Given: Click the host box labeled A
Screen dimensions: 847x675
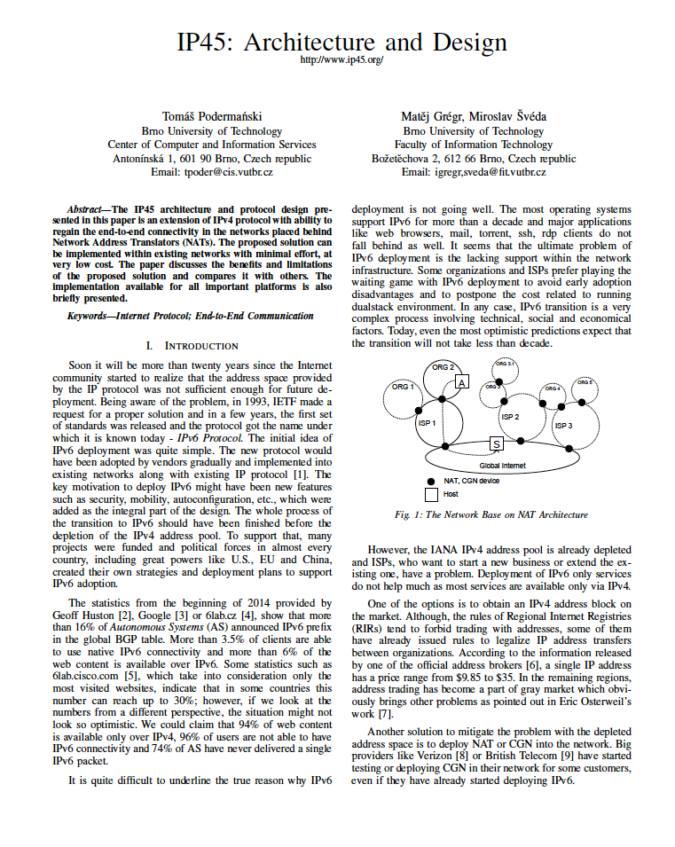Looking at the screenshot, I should pyautogui.click(x=461, y=382).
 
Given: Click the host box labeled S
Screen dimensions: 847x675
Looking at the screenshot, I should pyautogui.click(x=496, y=443).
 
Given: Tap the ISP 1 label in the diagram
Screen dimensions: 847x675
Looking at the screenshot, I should pyautogui.click(x=427, y=423).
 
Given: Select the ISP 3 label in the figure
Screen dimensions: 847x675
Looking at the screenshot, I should pyautogui.click(x=563, y=426).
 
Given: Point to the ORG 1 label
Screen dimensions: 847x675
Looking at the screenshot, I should pyautogui.click(x=403, y=387).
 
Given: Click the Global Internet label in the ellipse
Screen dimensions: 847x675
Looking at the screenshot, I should pyautogui.click(x=502, y=465).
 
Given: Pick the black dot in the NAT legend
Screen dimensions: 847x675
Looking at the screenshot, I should pyautogui.click(x=431, y=480).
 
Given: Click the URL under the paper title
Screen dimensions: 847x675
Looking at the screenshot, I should pyautogui.click(x=341, y=60).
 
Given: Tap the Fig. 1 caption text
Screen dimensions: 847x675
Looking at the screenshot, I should pyautogui.click(x=491, y=514).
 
